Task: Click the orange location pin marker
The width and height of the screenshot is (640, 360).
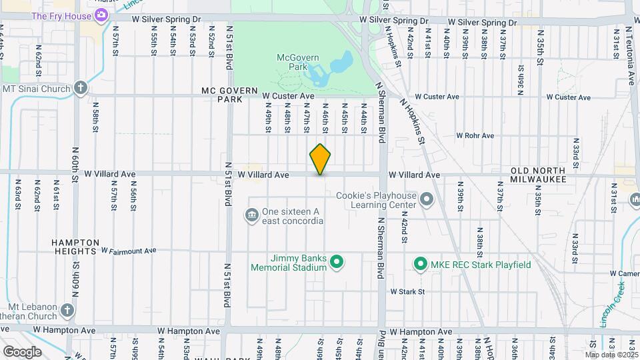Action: pyautogui.click(x=321, y=159)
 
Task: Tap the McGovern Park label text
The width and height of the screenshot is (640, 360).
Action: pyautogui.click(x=295, y=63)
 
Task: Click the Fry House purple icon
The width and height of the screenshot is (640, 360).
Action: pyautogui.click(x=101, y=15)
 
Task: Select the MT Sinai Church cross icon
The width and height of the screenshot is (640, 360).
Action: pyautogui.click(x=80, y=88)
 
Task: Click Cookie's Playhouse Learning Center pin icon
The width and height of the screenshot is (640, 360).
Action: pyautogui.click(x=427, y=199)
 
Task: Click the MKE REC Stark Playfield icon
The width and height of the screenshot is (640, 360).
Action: pyautogui.click(x=420, y=265)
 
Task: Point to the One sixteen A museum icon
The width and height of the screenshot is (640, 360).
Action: pyautogui.click(x=253, y=215)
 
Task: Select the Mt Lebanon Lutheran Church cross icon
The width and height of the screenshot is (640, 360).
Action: pyautogui.click(x=67, y=310)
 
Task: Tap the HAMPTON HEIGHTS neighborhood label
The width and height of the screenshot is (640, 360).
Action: pyautogui.click(x=77, y=247)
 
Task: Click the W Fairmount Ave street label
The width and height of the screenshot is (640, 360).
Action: pyautogui.click(x=128, y=251)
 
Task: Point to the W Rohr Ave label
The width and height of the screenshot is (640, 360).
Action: pyautogui.click(x=475, y=135)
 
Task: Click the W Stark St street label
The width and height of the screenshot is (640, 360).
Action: pyautogui.click(x=407, y=291)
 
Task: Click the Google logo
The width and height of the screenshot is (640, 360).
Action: pyautogui.click(x=21, y=352)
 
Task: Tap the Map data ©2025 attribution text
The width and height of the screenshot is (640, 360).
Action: pyautogui.click(x=611, y=355)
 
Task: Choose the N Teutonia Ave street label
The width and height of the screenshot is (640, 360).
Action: pyautogui.click(x=630, y=57)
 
